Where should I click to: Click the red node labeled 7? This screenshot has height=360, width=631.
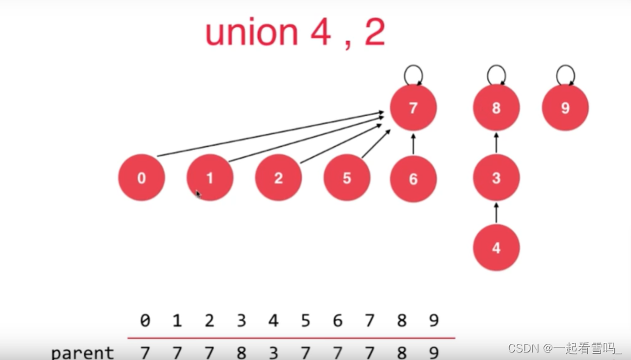click(x=413, y=108)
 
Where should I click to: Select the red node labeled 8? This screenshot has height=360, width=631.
click(x=496, y=108)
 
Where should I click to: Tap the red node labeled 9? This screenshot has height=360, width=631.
click(x=565, y=108)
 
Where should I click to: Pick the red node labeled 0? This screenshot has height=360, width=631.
click(x=142, y=178)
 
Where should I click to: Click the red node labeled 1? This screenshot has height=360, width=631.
click(x=210, y=178)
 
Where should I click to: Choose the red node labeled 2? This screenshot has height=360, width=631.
click(x=278, y=178)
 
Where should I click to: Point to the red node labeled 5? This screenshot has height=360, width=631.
click(x=347, y=178)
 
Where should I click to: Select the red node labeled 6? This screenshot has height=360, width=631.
click(x=413, y=179)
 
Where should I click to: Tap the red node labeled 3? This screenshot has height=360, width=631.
click(x=496, y=178)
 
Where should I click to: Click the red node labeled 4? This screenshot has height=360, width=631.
click(x=496, y=248)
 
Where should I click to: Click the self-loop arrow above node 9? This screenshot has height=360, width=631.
click(x=565, y=74)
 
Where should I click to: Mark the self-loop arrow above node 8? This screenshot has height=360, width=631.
click(x=496, y=74)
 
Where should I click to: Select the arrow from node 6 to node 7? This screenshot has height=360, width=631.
click(x=413, y=143)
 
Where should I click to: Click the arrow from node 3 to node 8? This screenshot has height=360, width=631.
click(x=496, y=143)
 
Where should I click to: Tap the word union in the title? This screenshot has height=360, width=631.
click(x=251, y=33)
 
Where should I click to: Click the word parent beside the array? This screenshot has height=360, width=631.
click(x=82, y=353)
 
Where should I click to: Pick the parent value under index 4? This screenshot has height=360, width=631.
click(x=273, y=353)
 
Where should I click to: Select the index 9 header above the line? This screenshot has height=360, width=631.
click(x=433, y=321)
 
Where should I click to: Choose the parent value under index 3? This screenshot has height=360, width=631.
click(x=241, y=353)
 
